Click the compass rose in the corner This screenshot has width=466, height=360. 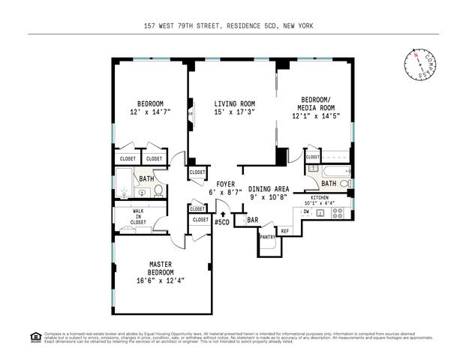point(419,63)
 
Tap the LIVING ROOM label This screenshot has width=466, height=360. point(234,103)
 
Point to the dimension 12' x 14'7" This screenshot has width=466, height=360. point(150,112)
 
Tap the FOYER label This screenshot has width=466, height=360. point(225,184)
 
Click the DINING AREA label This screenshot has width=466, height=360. point(269,189)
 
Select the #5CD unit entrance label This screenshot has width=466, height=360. point(222,223)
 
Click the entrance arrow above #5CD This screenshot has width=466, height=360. point(222,214)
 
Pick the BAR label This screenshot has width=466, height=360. point(253,220)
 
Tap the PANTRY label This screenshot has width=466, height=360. point(267,237)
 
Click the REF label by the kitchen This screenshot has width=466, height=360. point(285,231)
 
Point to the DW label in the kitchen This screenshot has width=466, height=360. point(305,212)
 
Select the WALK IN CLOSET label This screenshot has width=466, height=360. point(138,216)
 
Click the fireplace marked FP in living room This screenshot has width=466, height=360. point(191,115)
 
